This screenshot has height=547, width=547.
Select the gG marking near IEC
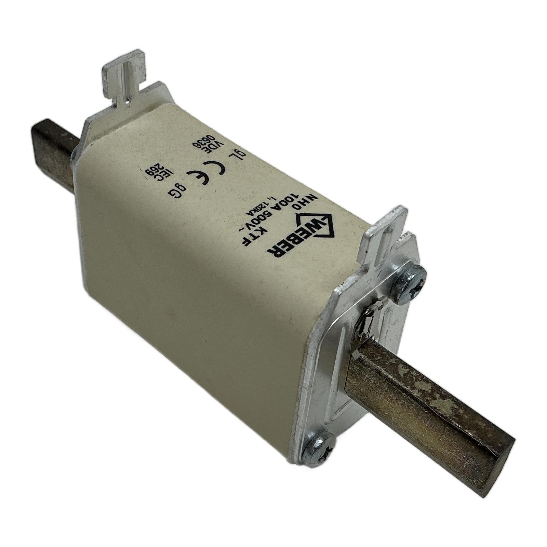tap(176, 189)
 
